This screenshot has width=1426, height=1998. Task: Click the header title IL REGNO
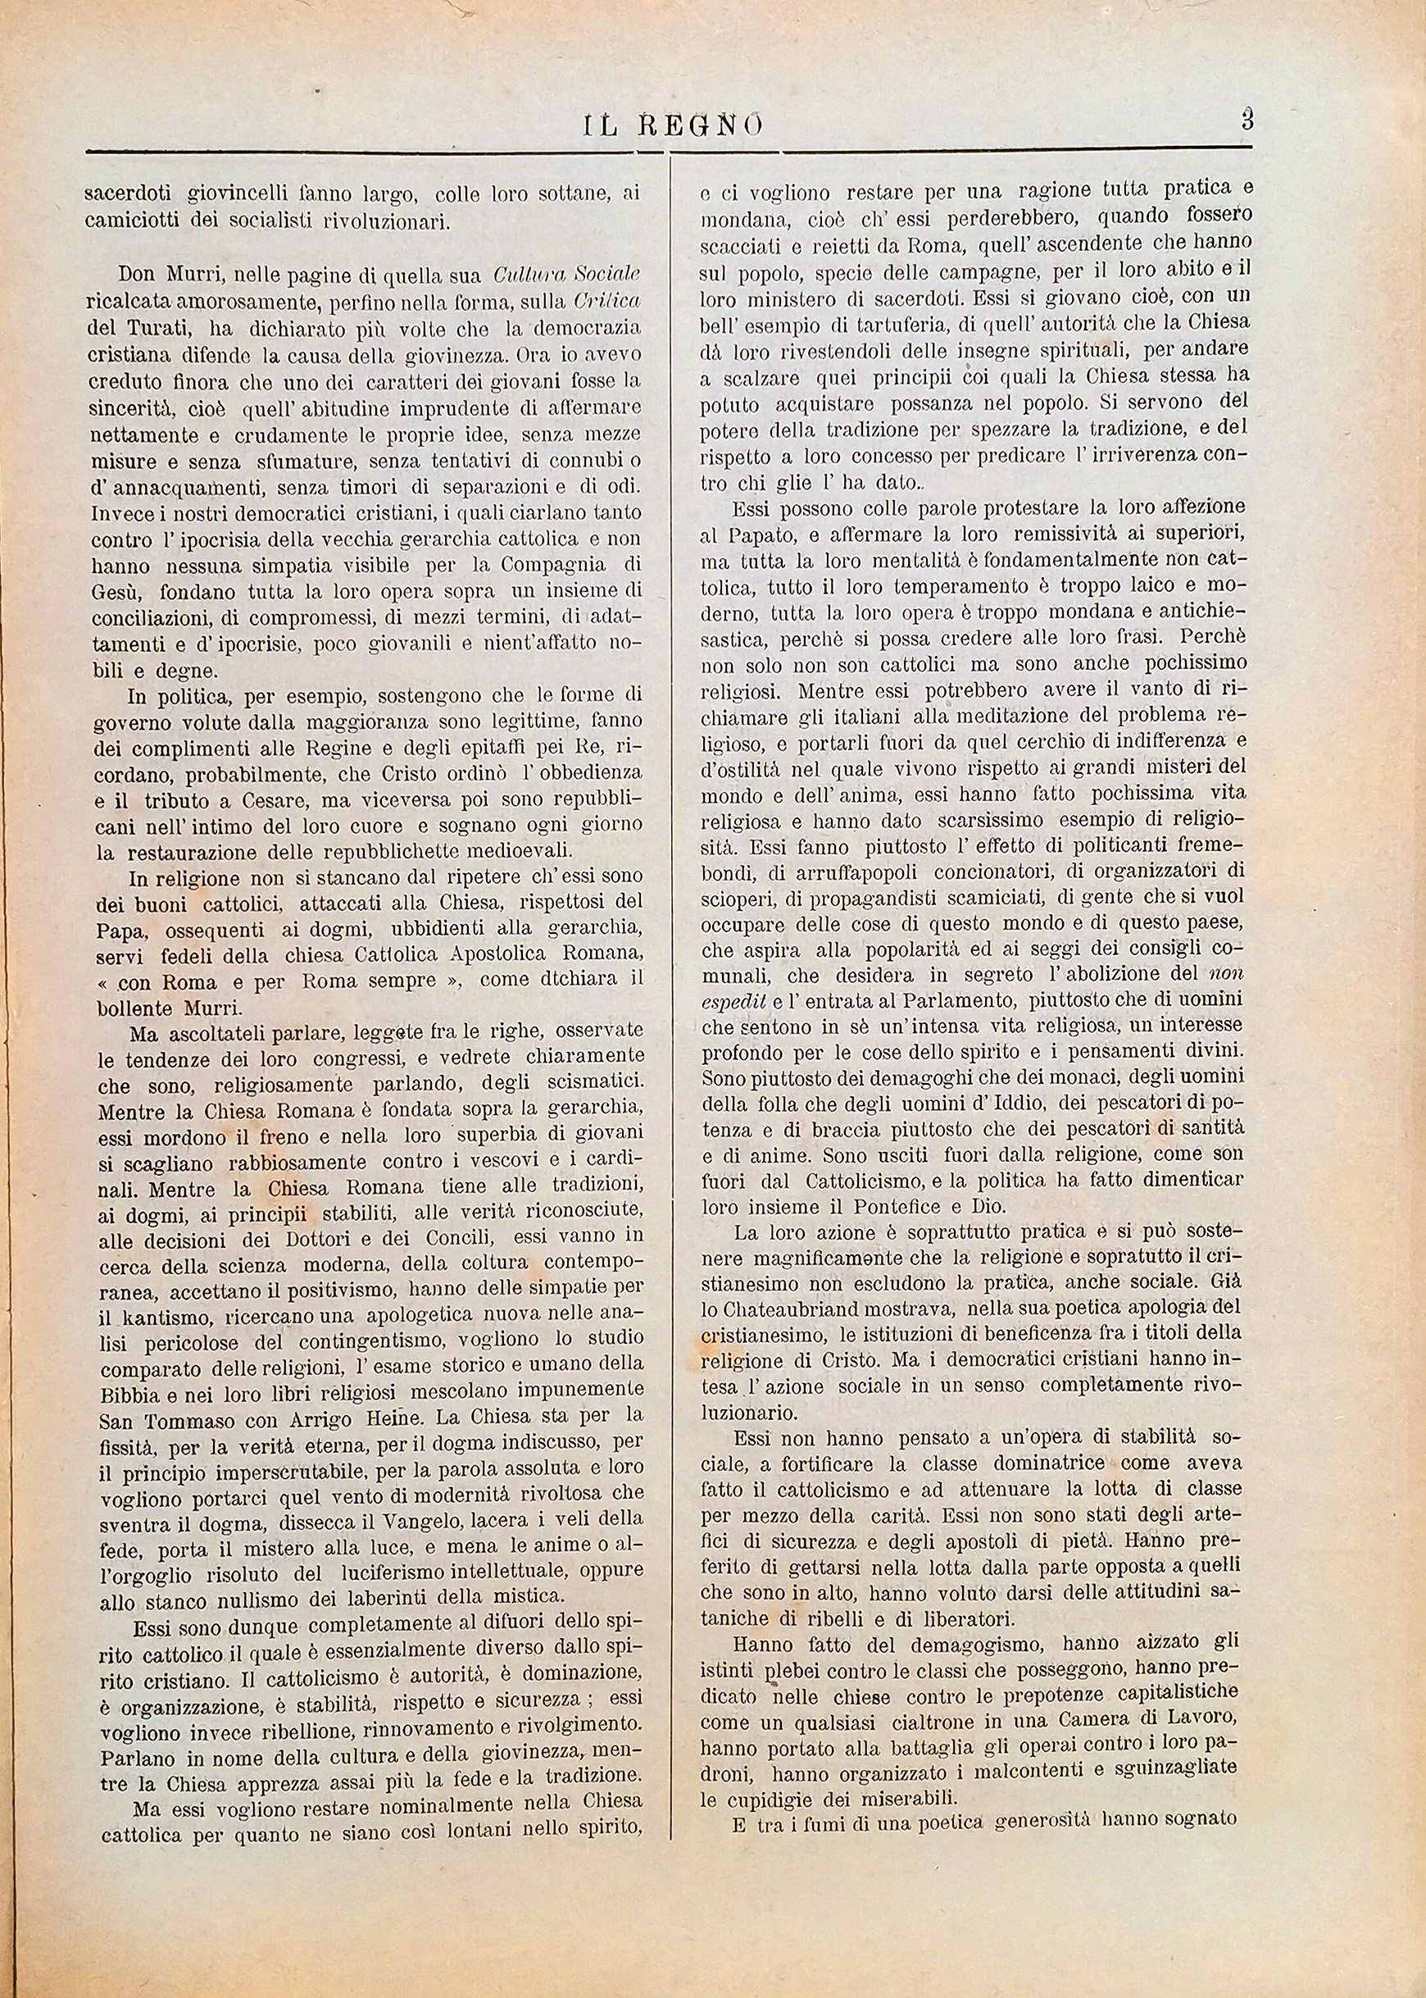pyautogui.click(x=673, y=125)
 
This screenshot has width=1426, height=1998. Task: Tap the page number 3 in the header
pyautogui.click(x=1247, y=120)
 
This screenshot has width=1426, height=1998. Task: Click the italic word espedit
pyautogui.click(x=729, y=999)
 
